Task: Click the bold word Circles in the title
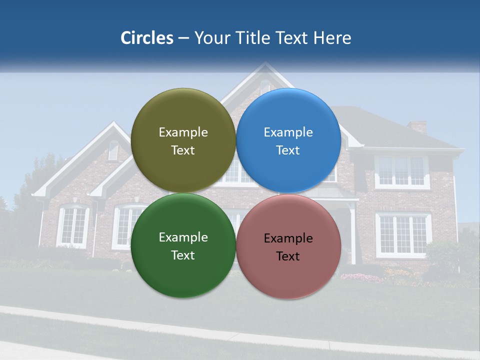coord(147,38)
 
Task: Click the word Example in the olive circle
coord(183,132)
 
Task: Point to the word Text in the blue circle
coord(288,150)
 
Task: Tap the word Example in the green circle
coord(183,237)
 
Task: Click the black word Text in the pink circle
coord(288,256)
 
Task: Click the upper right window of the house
coord(402,171)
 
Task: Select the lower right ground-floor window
coord(403,234)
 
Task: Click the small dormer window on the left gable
coord(113,150)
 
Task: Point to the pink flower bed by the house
coord(360,277)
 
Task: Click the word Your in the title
coord(210,38)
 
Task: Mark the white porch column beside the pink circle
coord(353,235)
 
